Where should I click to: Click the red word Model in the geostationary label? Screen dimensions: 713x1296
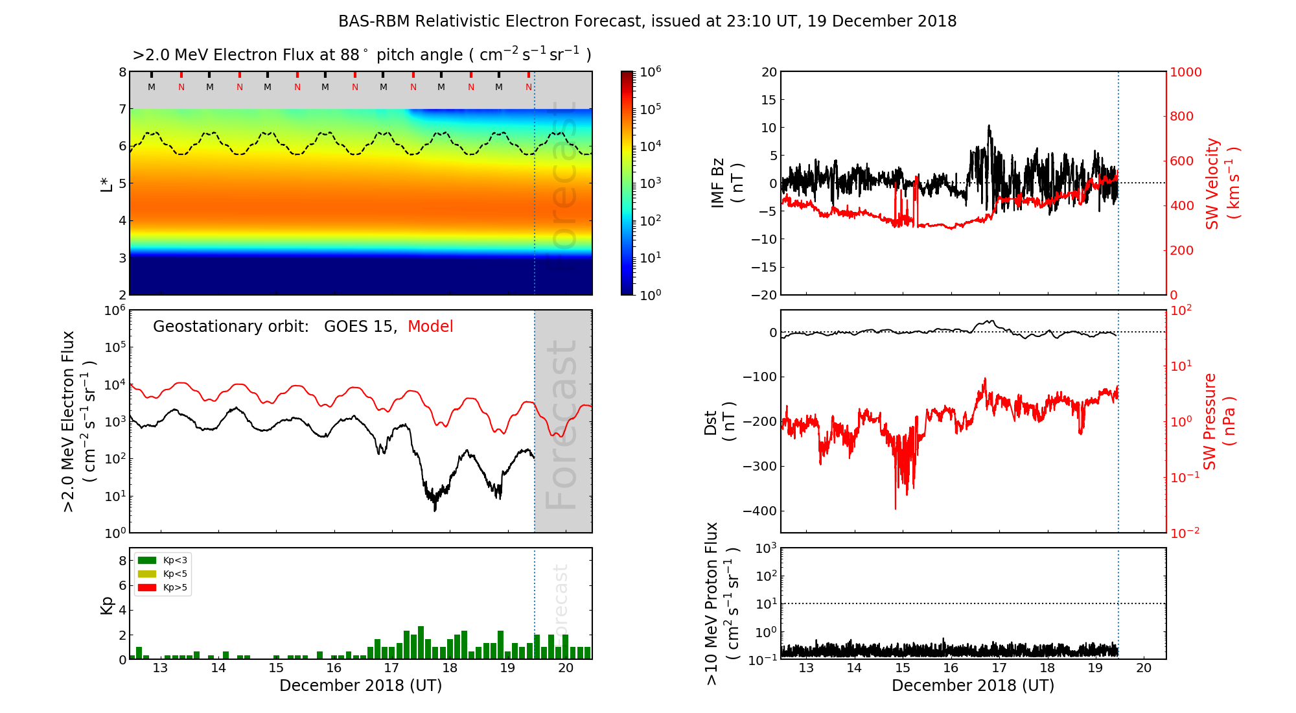(430, 327)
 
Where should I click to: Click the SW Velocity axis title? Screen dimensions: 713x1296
(1222, 183)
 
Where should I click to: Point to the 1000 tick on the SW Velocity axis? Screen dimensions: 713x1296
(1185, 72)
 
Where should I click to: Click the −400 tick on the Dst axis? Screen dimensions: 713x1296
(759, 511)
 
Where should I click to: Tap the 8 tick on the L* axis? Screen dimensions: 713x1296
(122, 72)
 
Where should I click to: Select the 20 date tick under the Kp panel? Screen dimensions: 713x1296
(566, 668)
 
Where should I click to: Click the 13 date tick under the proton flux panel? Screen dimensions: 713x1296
(806, 668)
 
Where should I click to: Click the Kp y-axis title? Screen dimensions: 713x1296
(107, 605)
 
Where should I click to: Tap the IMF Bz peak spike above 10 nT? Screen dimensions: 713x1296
(989, 127)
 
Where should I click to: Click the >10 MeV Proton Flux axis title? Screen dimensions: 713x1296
(722, 603)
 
